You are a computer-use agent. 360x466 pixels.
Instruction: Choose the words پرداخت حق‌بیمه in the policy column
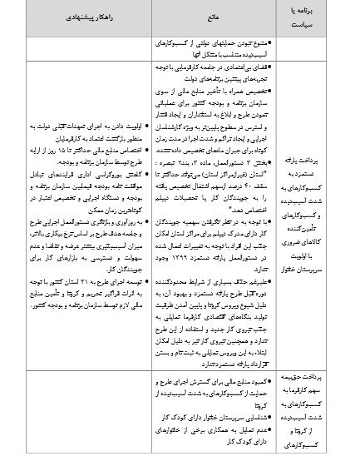(x=305, y=379)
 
